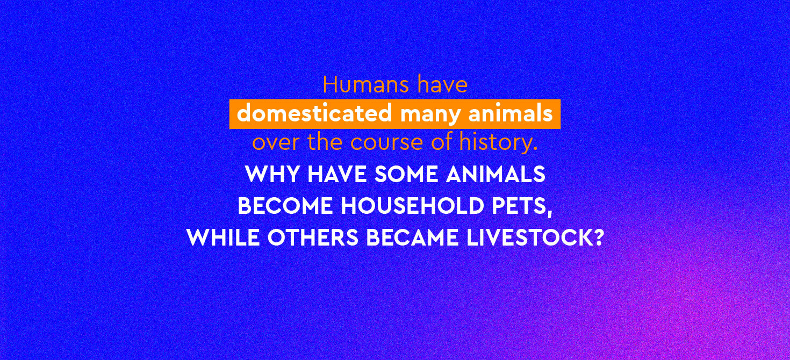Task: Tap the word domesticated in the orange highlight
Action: coord(314,113)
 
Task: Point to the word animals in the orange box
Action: coord(511,113)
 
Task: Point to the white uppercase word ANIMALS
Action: coord(495,174)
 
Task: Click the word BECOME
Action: coord(285,206)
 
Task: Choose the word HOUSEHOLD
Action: coord(412,206)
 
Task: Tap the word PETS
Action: coord(519,206)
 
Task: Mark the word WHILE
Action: coord(223,237)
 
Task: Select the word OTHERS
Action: coord(313,237)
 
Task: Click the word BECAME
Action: coord(412,237)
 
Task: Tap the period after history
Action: coord(535,149)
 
